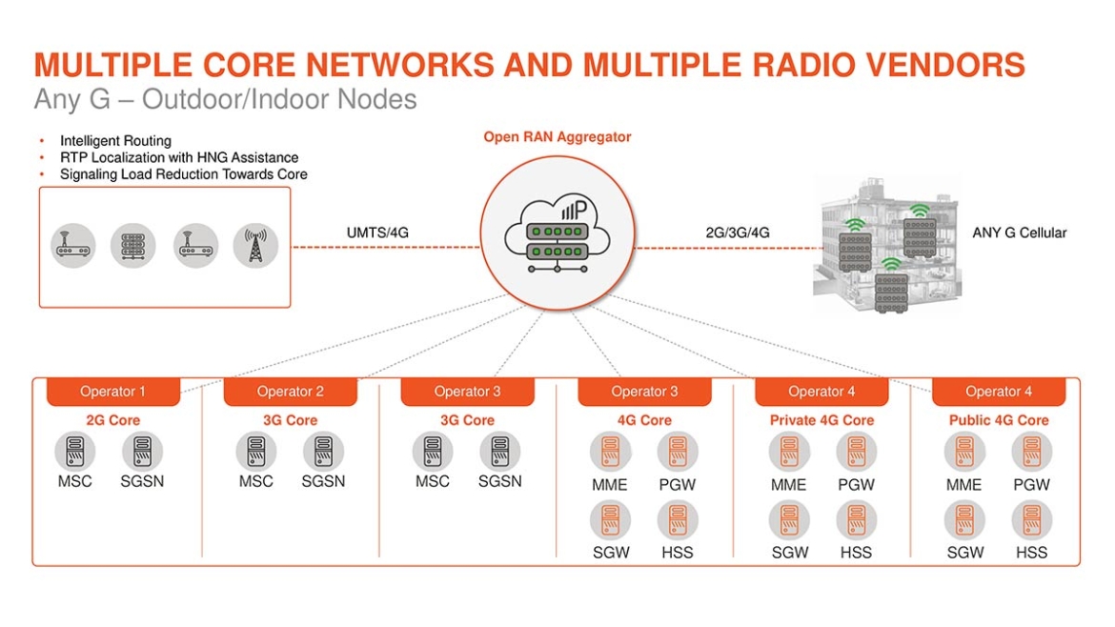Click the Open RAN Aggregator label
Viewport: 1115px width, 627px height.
557,137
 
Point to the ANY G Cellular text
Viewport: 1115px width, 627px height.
1019,233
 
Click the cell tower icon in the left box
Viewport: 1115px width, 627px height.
255,246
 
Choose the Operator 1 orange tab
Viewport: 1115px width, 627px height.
112,392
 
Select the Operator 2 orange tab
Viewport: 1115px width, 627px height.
290,392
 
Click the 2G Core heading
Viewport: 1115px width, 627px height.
112,420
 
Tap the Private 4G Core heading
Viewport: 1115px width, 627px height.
821,420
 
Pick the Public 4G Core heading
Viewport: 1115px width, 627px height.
998,420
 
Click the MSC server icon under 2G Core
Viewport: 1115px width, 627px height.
74,451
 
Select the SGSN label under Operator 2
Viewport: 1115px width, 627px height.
323,481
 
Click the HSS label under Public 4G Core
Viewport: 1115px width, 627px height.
1031,552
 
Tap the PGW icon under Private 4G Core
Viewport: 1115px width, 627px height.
856,451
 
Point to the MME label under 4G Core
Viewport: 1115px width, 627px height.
610,484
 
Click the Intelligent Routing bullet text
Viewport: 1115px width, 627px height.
115,141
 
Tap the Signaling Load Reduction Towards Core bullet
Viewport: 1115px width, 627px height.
183,174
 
